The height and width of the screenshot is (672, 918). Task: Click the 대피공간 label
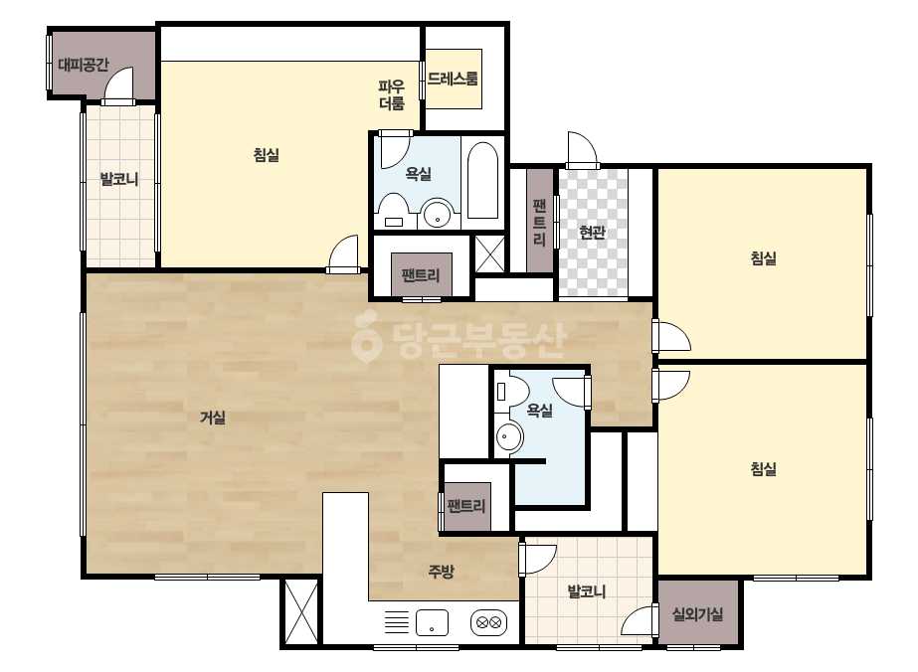84,65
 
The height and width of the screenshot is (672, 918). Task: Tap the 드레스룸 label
453,79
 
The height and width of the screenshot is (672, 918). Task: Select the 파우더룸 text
392,95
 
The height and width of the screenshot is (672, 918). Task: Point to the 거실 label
213,418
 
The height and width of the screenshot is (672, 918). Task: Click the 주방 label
441,572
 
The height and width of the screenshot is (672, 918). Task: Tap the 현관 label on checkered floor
592,233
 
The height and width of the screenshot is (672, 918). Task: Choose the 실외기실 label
697,614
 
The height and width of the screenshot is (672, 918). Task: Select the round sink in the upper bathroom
438,215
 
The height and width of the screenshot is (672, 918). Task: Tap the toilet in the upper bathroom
394,210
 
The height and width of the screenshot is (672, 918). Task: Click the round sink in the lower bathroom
509,437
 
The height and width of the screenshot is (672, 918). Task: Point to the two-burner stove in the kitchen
489,623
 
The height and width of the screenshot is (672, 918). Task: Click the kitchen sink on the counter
432,622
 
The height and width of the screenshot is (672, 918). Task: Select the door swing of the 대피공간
119,84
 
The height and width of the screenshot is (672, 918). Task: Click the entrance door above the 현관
582,150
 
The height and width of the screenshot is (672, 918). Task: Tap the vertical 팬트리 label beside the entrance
539,223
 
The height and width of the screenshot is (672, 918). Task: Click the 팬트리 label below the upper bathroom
421,274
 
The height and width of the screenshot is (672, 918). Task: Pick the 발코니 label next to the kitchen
587,591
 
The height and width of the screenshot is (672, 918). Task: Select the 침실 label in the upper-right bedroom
764,258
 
